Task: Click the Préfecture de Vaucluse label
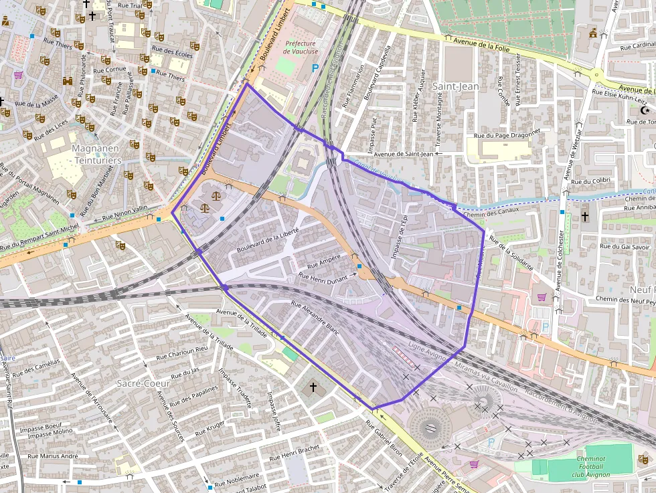301,47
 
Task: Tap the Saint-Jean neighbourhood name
455,86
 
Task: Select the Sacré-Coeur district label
143,383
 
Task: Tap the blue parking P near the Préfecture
315,68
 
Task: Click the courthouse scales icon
216,195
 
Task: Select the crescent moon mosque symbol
645,110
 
